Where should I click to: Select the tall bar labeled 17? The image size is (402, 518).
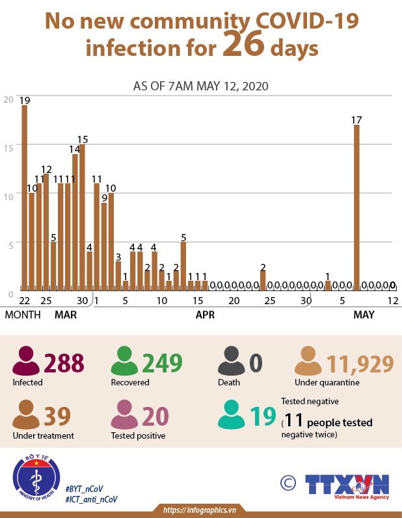(356, 207)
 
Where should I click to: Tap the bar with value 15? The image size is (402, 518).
(82, 217)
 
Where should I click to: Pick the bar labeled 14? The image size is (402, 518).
(75, 222)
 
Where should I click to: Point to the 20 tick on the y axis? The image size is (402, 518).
(8, 99)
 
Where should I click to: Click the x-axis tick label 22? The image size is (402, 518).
(25, 301)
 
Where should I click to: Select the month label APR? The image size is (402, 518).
(205, 315)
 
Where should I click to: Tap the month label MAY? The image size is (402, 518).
(364, 315)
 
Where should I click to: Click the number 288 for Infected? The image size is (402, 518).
(64, 363)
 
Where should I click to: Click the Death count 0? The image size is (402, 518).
(255, 363)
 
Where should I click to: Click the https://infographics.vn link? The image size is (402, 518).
(198, 509)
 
